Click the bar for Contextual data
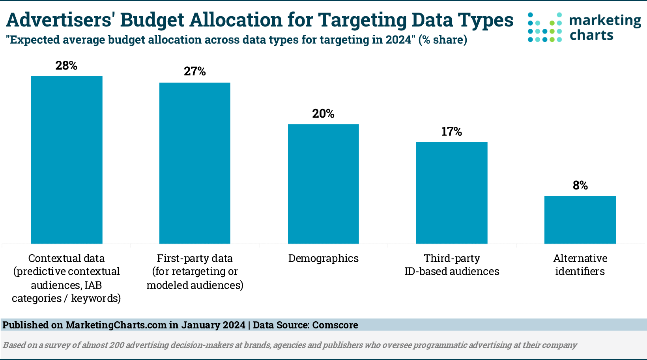67,160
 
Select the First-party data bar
195,163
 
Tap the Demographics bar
323,184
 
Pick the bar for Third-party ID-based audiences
452,193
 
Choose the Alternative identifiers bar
580,219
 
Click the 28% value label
66,66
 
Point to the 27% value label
195,71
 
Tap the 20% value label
323,114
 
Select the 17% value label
451,131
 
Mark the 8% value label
580,186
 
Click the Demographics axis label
323,258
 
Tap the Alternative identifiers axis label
580,264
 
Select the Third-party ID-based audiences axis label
452,264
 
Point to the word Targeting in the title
362,21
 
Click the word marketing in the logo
605,21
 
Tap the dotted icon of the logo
544,27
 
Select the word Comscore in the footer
335,325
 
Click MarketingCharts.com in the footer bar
116,325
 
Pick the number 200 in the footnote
117,345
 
